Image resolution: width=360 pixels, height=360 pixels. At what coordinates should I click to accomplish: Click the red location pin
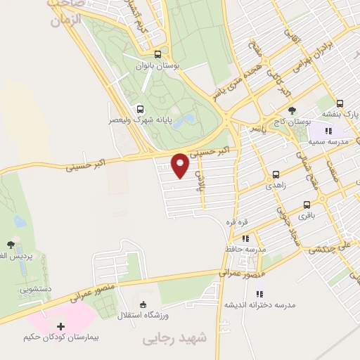pos(180,165)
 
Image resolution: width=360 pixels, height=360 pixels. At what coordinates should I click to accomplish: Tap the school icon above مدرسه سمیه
pos(327,130)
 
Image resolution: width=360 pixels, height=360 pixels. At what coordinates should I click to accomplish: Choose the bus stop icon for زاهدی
pos(276,175)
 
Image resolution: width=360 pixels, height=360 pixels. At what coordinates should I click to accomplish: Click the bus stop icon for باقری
pos(307,205)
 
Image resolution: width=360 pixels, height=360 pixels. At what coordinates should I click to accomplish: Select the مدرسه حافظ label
pos(251,249)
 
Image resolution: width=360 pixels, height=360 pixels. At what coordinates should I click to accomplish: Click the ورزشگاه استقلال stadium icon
pos(143,304)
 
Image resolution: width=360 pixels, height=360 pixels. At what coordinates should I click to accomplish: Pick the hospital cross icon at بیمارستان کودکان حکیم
pos(60,326)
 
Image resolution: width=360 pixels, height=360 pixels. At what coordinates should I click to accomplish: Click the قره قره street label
pos(234,221)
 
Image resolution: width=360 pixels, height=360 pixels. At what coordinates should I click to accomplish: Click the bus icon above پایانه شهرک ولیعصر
pos(140,108)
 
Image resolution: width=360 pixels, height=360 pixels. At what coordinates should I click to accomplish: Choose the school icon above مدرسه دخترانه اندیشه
pos(259,294)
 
